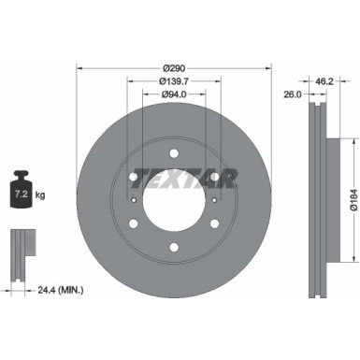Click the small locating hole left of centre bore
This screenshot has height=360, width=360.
point(136,199)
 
